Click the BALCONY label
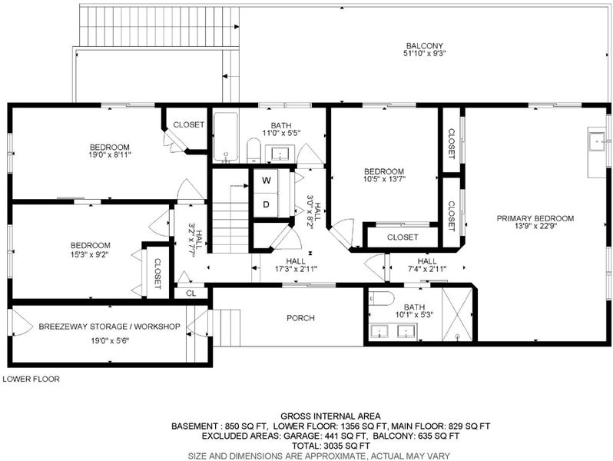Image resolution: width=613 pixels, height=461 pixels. (424, 46)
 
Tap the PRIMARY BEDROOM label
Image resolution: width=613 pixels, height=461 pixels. (535, 218)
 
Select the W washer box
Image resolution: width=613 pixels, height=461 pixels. (266, 181)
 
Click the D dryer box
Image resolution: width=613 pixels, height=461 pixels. (266, 204)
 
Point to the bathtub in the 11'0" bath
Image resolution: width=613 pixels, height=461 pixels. (226, 138)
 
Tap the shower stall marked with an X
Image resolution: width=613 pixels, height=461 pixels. (457, 314)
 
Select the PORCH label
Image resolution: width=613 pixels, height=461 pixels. (300, 318)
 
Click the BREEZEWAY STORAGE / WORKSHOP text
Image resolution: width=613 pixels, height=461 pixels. (109, 327)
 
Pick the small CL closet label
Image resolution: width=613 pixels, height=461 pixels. (191, 294)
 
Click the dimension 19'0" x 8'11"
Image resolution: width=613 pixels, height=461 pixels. (110, 155)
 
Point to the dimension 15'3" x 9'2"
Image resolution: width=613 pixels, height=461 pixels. (91, 254)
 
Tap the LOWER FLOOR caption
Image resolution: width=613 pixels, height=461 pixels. (31, 379)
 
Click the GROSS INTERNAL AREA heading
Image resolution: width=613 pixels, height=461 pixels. (330, 416)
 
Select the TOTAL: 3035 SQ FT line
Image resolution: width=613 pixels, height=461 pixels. (331, 446)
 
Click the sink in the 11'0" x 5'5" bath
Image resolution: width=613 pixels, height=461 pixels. (280, 153)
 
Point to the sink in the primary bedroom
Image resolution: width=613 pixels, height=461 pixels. (597, 141)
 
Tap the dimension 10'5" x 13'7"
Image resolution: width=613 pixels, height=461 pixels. (384, 179)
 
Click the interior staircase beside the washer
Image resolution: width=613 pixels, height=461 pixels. (230, 218)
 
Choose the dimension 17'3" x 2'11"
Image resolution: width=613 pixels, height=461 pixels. (296, 269)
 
